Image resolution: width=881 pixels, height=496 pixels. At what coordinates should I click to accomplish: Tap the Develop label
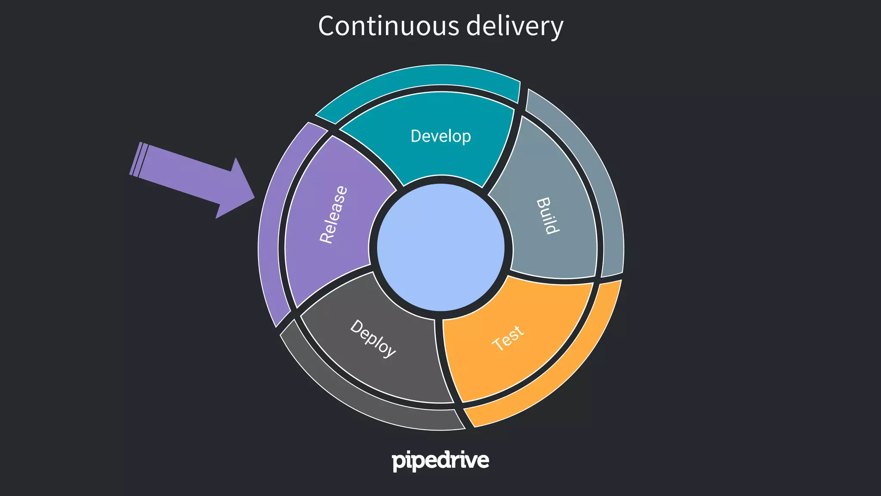click(x=440, y=136)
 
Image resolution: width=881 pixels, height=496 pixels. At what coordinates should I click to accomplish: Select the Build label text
click(x=548, y=215)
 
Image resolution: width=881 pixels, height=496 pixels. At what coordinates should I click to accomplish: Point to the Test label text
click(x=508, y=338)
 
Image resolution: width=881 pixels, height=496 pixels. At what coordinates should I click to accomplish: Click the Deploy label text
click(x=373, y=338)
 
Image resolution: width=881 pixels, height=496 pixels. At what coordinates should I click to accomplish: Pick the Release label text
click(x=333, y=214)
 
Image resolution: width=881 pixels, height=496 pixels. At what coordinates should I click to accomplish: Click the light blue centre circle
click(x=440, y=248)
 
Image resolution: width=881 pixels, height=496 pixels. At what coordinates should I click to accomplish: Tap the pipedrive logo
click(x=440, y=461)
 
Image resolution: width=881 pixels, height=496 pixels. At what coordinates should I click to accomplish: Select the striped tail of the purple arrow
click(x=139, y=159)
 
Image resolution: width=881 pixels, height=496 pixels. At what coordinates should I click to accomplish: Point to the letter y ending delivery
click(x=556, y=28)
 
